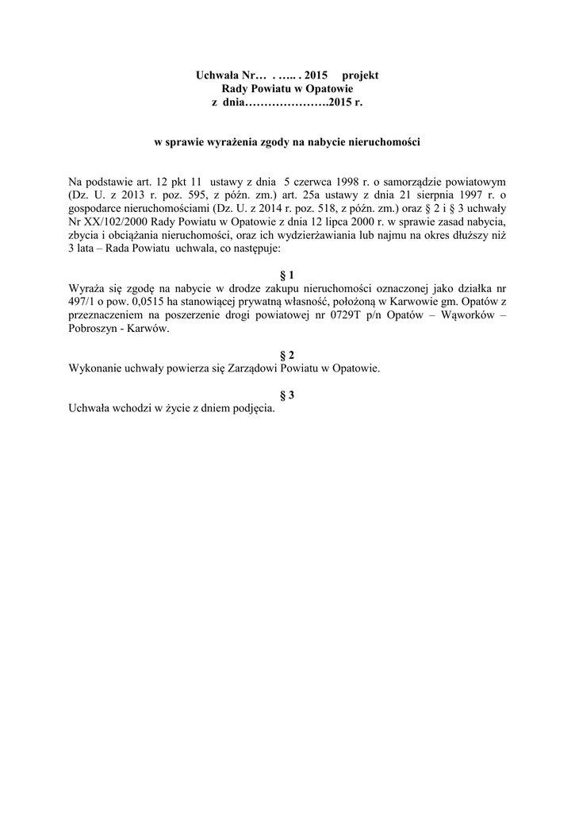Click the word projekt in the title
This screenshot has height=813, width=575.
[x=360, y=75]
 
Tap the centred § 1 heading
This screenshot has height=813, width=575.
[x=287, y=274]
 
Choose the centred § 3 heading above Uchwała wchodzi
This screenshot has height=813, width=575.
[x=287, y=395]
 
